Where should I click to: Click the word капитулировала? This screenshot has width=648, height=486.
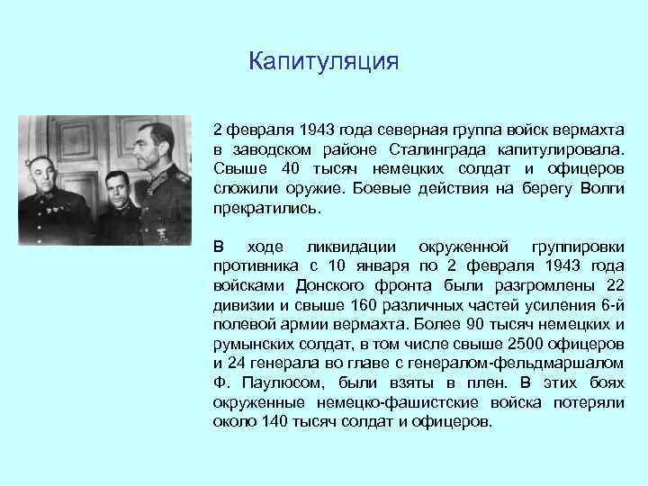(x=567, y=148)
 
